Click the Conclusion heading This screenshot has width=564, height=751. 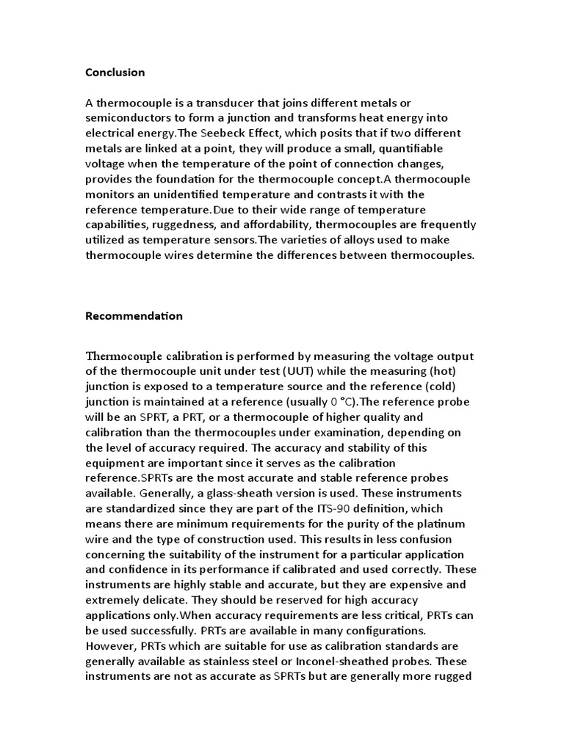pos(115,72)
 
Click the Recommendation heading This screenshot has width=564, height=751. pos(134,316)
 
